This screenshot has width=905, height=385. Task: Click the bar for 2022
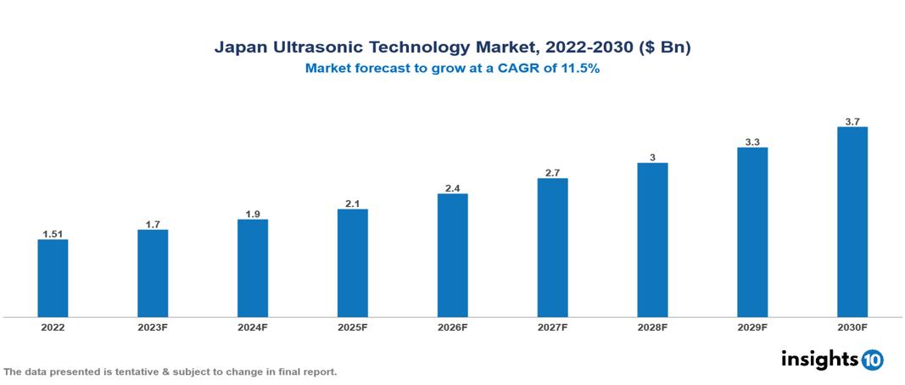53,278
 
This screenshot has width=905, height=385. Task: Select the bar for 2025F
353,263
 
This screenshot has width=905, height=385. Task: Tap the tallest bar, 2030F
852,222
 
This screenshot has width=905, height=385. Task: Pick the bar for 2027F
552,248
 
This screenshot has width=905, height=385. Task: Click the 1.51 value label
53,233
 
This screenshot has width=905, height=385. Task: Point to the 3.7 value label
852,121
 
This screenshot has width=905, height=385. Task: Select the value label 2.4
452,187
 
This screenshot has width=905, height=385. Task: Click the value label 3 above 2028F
652,157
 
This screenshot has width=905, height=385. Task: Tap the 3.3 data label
752,142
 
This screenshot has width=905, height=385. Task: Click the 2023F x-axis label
153,326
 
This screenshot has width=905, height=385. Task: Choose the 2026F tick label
452,326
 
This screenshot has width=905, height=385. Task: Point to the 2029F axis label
752,326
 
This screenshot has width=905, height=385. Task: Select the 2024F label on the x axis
253,326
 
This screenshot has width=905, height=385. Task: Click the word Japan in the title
239,48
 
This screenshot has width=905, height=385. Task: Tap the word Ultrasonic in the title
318,48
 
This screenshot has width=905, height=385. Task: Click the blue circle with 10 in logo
872,360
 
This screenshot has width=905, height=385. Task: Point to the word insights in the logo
819,359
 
